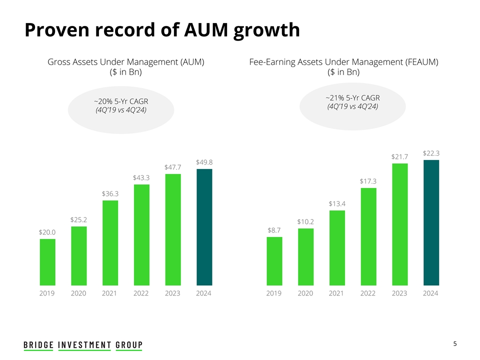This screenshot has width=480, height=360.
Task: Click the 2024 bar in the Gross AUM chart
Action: click(x=204, y=227)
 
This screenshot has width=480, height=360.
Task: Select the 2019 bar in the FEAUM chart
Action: click(x=274, y=261)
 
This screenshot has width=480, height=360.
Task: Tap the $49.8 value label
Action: click(x=204, y=162)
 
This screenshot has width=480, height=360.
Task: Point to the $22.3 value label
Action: click(x=431, y=153)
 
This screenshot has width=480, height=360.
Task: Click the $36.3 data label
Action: click(x=110, y=193)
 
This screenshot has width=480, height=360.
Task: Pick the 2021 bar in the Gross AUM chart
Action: click(x=110, y=243)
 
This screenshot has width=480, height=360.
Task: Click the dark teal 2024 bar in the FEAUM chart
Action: click(x=431, y=223)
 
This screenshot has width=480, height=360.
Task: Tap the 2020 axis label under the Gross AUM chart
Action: click(x=78, y=293)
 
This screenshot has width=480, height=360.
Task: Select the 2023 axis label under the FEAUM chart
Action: click(x=399, y=293)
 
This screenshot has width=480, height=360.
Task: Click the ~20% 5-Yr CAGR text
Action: click(x=121, y=102)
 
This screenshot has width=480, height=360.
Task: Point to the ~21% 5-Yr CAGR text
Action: click(x=352, y=97)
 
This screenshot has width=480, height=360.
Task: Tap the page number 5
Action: click(x=455, y=344)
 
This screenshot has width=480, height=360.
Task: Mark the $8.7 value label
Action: click(x=274, y=230)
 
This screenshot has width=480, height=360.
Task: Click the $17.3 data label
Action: click(x=368, y=181)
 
